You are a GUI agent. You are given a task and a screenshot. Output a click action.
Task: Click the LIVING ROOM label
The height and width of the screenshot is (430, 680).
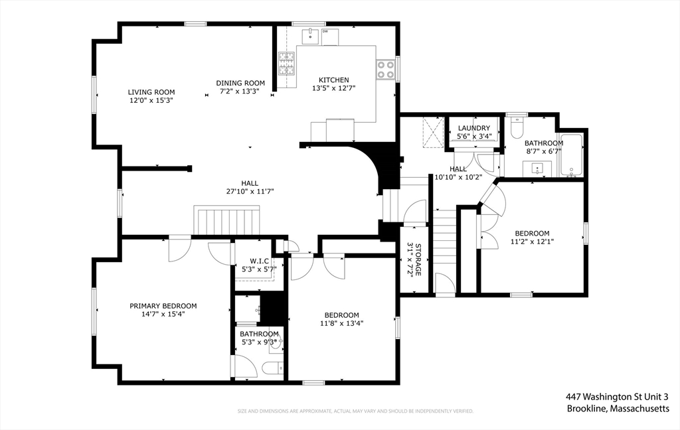151,92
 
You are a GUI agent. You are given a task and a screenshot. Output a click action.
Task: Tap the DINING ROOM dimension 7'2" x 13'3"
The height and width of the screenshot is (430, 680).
240,92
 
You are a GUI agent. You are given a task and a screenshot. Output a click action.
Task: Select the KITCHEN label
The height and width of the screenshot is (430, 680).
333,80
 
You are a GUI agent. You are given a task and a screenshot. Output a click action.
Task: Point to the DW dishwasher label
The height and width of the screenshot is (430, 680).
325,31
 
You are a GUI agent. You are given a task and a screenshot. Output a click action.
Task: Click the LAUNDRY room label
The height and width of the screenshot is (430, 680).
473,128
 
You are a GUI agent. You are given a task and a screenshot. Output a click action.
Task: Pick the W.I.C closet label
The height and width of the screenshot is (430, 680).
258,261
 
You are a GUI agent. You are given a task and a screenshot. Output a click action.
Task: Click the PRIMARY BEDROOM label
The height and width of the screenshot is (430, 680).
163,306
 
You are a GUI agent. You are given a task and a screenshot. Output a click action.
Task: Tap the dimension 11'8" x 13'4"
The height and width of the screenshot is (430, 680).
341,324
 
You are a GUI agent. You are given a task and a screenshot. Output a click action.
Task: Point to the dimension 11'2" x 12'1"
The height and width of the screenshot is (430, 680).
532,242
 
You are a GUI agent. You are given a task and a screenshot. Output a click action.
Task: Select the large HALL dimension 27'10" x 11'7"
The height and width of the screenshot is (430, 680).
250,192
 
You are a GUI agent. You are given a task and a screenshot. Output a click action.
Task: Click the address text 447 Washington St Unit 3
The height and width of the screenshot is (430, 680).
617,397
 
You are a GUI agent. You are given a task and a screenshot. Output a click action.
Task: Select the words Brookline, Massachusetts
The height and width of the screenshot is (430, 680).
618,409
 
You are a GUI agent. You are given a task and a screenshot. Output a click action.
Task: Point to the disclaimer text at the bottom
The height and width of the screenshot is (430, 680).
356,411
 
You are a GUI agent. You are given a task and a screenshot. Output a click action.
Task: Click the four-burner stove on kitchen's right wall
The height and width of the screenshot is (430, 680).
385,69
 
